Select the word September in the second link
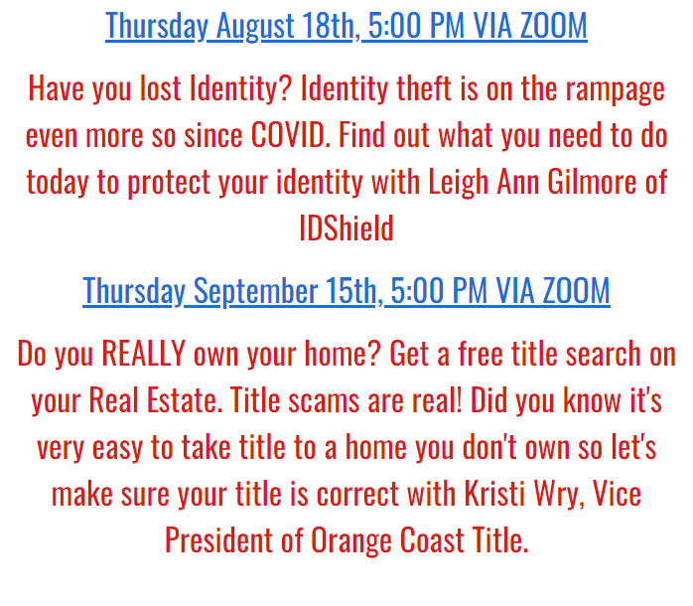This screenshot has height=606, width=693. point(255,292)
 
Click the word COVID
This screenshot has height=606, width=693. point(290,134)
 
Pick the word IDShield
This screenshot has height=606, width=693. point(346,227)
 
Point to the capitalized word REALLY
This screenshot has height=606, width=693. point(143,354)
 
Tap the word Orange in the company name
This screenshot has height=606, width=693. point(351,541)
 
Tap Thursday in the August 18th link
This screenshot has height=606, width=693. point(157,27)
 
